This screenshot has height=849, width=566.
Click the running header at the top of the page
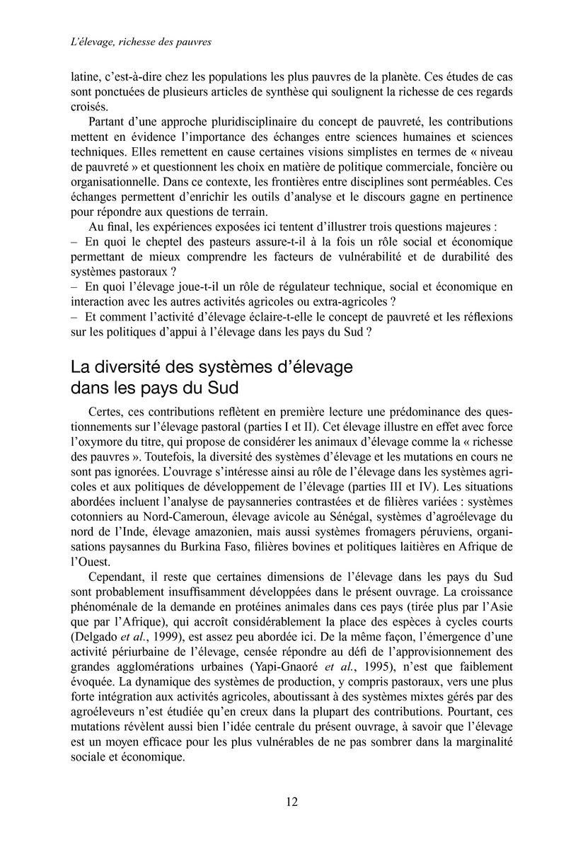[141, 42]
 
